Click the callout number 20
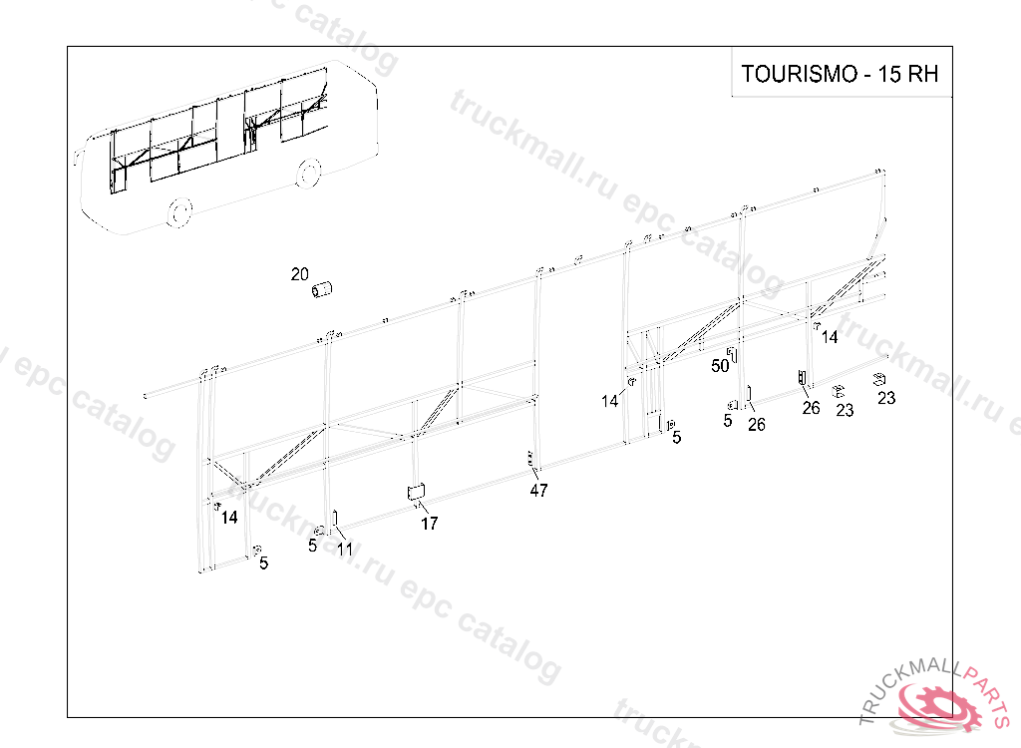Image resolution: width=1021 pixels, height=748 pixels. [300, 274]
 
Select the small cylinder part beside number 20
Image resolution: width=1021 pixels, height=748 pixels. [323, 290]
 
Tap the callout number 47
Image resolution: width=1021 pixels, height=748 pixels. [538, 491]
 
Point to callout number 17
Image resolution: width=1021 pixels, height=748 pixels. [429, 524]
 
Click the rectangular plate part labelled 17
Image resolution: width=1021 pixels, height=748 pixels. [416, 491]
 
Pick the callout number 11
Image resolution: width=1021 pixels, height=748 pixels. [345, 550]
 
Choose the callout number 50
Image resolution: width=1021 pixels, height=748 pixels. [720, 366]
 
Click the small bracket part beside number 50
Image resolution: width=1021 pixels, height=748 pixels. [733, 355]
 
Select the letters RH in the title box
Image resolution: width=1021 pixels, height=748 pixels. [922, 75]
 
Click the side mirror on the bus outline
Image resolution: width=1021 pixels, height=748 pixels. [76, 158]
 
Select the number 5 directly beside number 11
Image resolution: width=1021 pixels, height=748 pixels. [312, 546]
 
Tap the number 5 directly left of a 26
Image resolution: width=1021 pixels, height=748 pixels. [728, 421]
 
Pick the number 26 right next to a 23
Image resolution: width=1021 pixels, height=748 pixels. [811, 408]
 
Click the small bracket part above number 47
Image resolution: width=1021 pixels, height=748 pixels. [531, 460]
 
